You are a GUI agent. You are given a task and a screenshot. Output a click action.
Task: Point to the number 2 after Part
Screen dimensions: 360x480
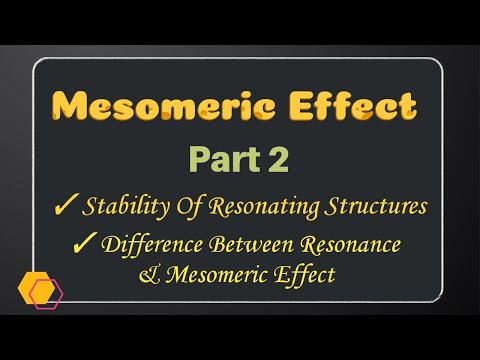[272, 159]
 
